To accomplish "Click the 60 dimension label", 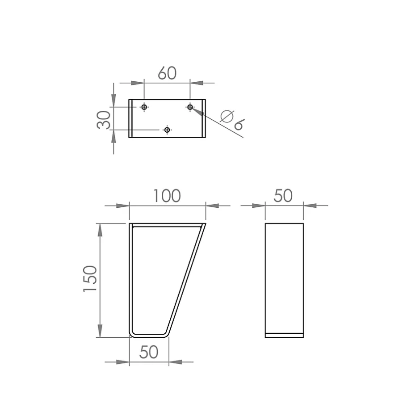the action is click(167, 73).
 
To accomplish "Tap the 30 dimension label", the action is click(103, 120).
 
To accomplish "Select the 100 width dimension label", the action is click(167, 196).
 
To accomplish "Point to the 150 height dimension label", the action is click(90, 278).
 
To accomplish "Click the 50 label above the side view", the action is click(283, 196).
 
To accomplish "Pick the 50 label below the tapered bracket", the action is click(149, 352).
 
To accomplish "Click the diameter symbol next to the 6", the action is click(227, 116).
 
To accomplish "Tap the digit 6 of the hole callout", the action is click(239, 125).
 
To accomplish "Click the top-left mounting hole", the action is click(144, 107).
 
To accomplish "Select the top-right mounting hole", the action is click(190, 107).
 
